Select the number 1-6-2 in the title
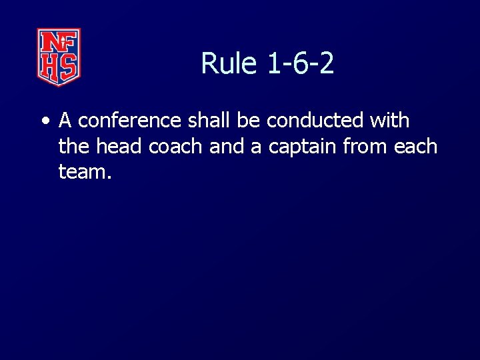click(x=300, y=64)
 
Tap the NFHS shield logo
click(x=59, y=57)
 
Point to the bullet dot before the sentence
click(x=45, y=121)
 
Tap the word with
click(x=390, y=121)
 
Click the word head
click(x=122, y=146)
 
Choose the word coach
click(x=176, y=146)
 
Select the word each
click(x=415, y=146)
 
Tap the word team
click(x=83, y=172)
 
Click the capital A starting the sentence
click(x=65, y=121)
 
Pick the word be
click(x=244, y=121)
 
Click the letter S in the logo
click(x=69, y=67)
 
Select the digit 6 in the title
click(x=300, y=64)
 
